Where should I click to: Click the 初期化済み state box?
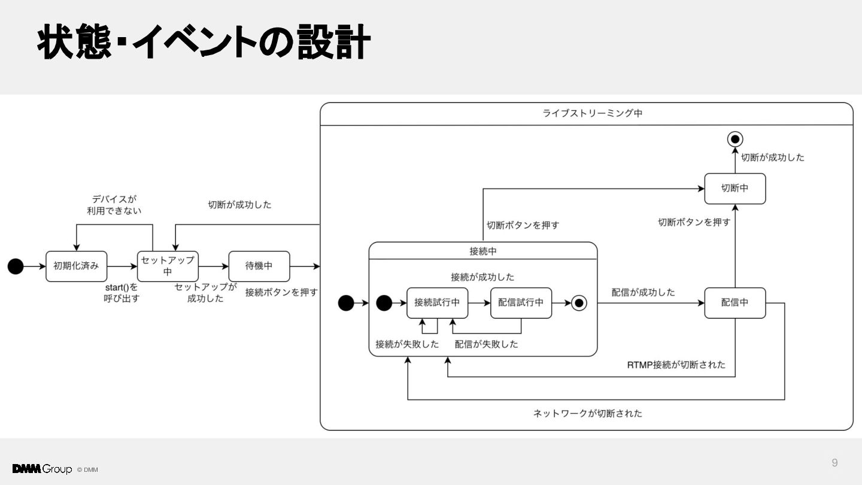pos(76,266)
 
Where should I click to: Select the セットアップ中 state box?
pos(168,266)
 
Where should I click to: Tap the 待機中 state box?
pos(259,266)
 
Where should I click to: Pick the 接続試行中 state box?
pos(437,303)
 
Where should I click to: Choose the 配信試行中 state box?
pos(521,303)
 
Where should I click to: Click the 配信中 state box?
pos(735,303)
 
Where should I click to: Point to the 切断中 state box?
pos(735,189)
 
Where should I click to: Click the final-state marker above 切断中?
pos(735,140)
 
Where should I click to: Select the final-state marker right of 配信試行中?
pos(579,303)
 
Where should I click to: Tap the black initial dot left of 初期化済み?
pos(16,266)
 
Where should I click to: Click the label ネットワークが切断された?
pos(588,413)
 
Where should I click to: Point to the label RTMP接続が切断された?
pos(676,365)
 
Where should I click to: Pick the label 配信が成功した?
pos(643,293)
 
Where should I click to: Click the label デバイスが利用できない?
pos(114,205)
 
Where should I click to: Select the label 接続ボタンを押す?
pos(281,293)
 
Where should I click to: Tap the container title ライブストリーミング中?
pos(592,113)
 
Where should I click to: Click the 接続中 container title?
pos(483,251)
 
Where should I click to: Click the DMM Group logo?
pos(42,469)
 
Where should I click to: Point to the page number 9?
pos(834,463)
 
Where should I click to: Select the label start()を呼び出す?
pos(121,293)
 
